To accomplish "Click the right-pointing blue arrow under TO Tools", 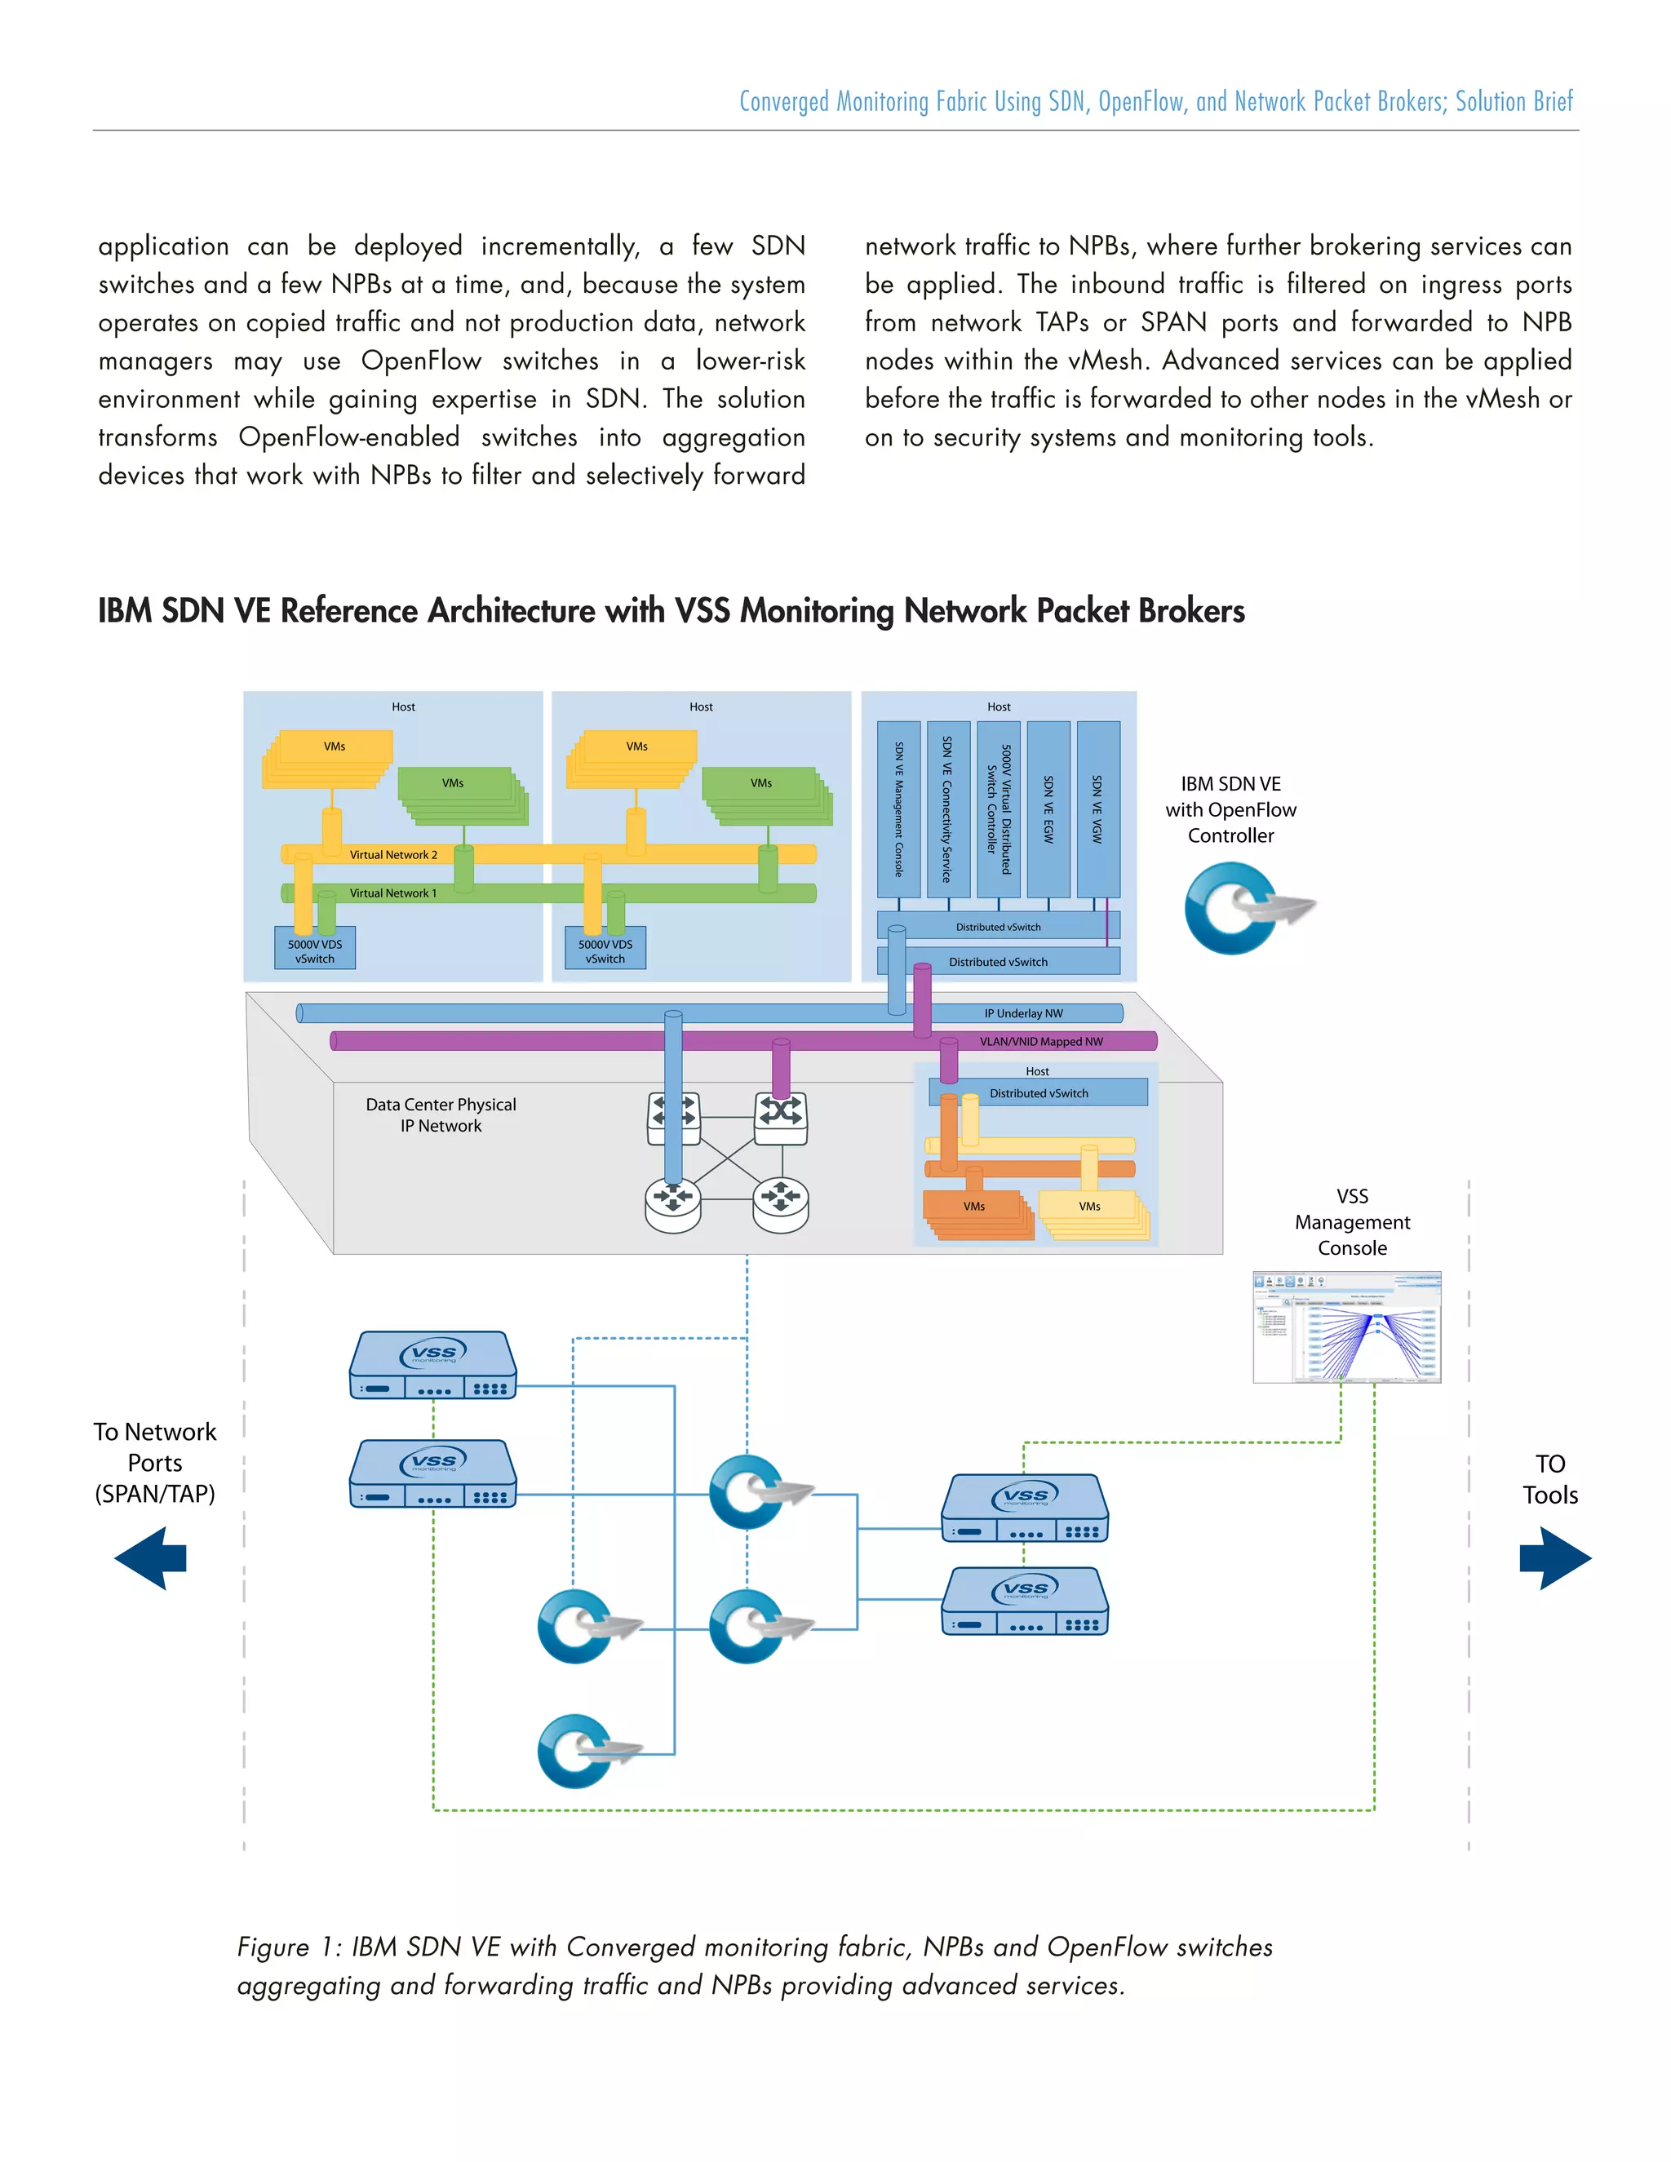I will point(1554,1558).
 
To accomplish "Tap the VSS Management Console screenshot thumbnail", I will point(1346,1327).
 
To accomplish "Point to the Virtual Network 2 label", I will point(393,854).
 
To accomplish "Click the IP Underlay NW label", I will point(1024,1012).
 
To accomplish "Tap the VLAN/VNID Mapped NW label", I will point(1040,1041).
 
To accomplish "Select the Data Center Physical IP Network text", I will point(441,1114).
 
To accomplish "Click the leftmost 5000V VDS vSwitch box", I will point(315,950).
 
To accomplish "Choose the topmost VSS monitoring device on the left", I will point(432,1365).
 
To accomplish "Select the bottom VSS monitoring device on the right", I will point(1025,1601).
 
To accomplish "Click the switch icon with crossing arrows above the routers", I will point(781,1117).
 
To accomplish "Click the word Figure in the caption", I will point(273,1947).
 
